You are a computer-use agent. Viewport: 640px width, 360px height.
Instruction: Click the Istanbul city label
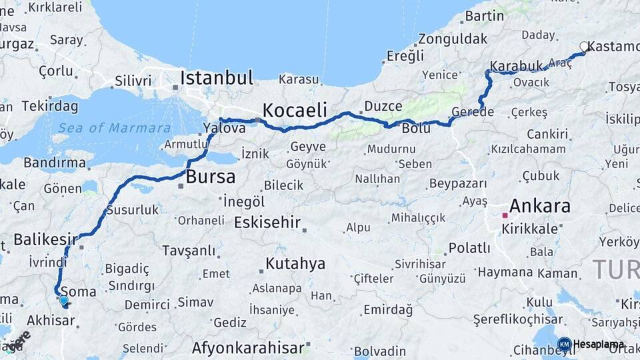coord(217,77)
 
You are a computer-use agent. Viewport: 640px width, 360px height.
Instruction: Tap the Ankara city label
coord(540,205)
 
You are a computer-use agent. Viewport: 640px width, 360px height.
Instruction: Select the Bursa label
coord(211,177)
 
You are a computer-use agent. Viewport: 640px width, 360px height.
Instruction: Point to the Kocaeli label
coord(294,110)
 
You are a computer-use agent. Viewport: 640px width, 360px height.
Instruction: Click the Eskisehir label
coord(267,223)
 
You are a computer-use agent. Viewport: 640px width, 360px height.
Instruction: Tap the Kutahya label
coord(295,263)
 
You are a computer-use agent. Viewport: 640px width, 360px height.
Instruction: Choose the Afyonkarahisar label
coord(248,347)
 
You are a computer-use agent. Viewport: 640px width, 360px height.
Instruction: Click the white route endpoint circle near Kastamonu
coord(584,47)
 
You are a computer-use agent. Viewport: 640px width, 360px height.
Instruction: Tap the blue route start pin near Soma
coord(63,300)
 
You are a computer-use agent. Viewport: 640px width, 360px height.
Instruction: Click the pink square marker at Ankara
coord(505,215)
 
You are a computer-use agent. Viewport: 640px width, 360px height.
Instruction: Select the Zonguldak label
coord(453,39)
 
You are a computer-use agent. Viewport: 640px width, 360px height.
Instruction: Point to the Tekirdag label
coord(51,106)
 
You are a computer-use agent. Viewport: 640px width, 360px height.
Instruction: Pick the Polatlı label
coord(469,248)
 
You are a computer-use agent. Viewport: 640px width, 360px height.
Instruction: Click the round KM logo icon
coord(564,344)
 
